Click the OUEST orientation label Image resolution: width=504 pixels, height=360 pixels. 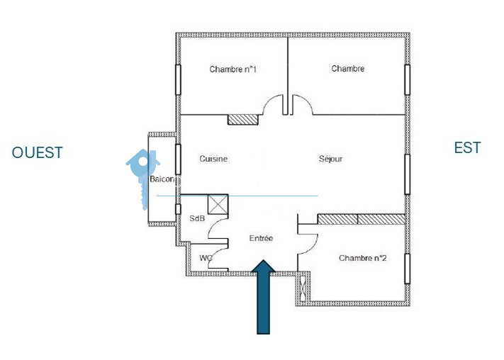[37, 152]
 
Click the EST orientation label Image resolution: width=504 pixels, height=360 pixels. [467, 148]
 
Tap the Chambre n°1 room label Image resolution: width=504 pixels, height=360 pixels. [233, 69]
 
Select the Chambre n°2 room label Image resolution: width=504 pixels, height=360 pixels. [362, 258]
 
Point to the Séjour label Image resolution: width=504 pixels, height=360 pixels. [330, 159]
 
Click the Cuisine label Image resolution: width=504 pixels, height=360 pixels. [213, 159]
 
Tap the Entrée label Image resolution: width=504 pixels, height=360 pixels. [261, 238]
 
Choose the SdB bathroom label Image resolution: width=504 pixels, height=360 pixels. [197, 218]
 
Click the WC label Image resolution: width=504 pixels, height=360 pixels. [206, 258]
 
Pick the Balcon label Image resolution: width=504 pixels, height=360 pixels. [162, 179]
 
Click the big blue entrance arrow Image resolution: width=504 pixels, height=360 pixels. [263, 297]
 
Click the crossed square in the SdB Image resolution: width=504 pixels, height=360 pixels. [218, 204]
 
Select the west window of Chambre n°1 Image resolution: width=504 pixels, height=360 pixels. [178, 79]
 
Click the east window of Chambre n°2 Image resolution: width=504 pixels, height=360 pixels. [408, 269]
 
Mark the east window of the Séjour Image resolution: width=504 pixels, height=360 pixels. [408, 174]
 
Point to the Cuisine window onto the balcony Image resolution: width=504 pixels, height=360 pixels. [178, 159]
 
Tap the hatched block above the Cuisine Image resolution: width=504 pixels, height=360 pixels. [243, 120]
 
